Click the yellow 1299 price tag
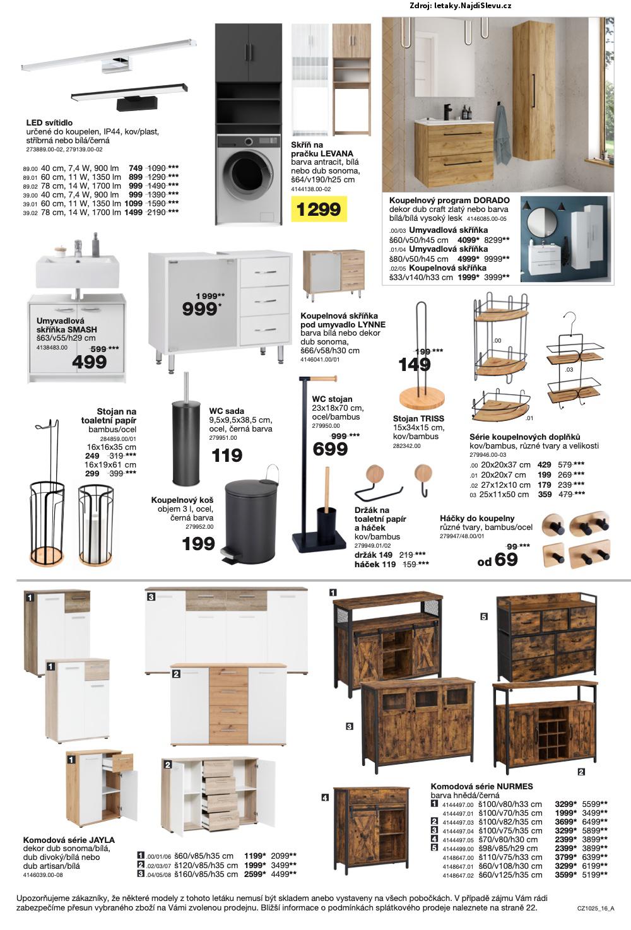pyautogui.click(x=319, y=209)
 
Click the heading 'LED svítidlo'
pyautogui.click(x=49, y=122)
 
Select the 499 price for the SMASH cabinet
pyautogui.click(x=90, y=362)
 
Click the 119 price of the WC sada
pyautogui.click(x=227, y=455)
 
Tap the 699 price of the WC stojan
pyautogui.click(x=330, y=449)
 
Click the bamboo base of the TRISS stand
pyautogui.click(x=422, y=398)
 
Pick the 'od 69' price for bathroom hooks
pyautogui.click(x=497, y=560)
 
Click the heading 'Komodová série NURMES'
pyautogui.click(x=481, y=786)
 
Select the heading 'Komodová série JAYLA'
pyautogui.click(x=69, y=840)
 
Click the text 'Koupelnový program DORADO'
pyautogui.click(x=449, y=200)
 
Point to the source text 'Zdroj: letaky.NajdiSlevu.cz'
pyautogui.click(x=460, y=6)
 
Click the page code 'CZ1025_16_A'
pyautogui.click(x=595, y=909)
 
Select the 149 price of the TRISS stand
pyautogui.click(x=415, y=365)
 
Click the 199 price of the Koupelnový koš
pyautogui.click(x=198, y=543)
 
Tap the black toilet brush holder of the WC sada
pyautogui.click(x=186, y=442)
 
